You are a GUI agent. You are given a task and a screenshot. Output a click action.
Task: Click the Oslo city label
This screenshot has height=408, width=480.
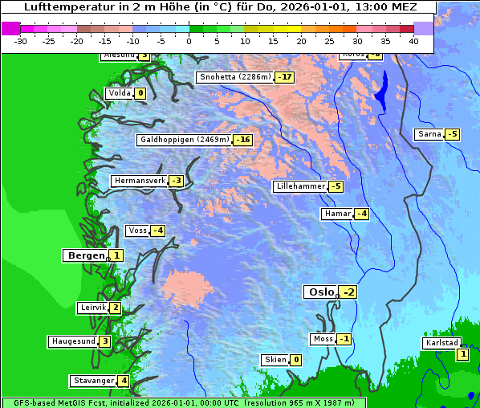320,292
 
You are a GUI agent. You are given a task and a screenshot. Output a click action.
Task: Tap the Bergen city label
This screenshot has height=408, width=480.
85,255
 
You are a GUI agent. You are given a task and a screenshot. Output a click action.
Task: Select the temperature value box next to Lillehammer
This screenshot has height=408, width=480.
336,186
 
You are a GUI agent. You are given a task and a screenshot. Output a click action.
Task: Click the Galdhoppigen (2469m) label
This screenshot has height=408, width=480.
185,140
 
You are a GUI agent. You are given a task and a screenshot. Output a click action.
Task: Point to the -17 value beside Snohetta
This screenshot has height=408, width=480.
284,77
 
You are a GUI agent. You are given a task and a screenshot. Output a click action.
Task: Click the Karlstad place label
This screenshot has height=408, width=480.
442,343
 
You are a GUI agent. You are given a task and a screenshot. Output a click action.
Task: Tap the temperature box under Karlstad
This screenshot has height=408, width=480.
462,354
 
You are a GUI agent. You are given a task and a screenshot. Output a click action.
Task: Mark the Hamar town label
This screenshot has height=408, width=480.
336,214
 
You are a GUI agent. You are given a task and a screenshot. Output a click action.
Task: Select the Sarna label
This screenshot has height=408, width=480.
429,134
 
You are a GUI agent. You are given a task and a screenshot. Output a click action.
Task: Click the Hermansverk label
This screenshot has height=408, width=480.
139,181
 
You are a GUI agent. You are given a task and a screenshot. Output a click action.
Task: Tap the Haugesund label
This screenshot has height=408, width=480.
73,341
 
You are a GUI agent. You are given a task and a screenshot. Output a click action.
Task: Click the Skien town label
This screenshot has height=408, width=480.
275,360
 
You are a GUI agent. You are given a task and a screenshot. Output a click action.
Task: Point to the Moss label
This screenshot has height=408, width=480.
323,339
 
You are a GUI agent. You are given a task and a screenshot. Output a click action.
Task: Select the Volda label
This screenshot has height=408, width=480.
119,93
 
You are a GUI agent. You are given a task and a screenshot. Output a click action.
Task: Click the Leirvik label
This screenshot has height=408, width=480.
92,308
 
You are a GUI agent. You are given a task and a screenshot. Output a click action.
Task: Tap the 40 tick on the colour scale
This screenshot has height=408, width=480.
413,41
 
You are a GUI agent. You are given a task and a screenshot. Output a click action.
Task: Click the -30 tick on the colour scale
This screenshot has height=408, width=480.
21,41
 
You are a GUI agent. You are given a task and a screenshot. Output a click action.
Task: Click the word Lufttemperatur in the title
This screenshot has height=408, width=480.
66,6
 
